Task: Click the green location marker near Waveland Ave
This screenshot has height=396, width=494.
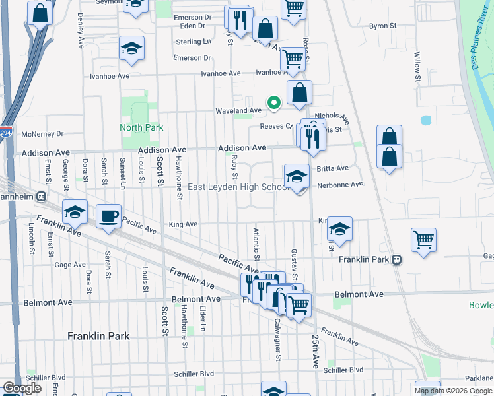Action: pos(273,102)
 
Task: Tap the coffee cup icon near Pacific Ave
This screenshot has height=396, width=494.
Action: pos(108,216)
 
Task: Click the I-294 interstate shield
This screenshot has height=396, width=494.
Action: pos(6,131)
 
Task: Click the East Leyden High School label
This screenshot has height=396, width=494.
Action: pos(238,187)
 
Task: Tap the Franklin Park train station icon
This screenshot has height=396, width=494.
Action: pos(396,259)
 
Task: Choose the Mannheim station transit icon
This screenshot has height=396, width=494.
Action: pos(41,196)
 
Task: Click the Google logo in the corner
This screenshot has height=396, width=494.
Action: pos(22,388)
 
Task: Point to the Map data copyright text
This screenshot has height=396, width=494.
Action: pos(453,391)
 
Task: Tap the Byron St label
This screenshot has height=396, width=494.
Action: pos(382,26)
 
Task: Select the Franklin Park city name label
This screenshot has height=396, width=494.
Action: pos(98,336)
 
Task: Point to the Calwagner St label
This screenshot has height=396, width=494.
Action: pos(278,340)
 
